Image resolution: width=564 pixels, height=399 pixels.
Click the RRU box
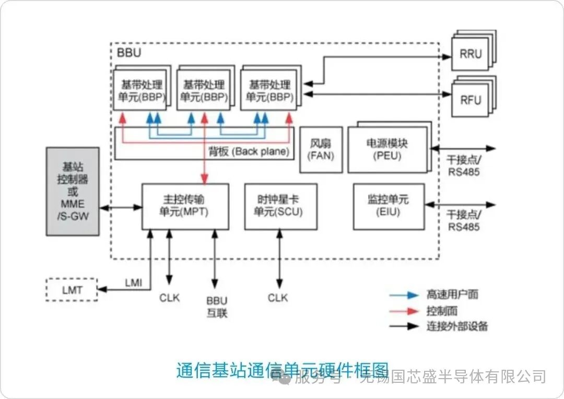pos(471,53)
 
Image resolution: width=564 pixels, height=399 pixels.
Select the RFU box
pos(471,99)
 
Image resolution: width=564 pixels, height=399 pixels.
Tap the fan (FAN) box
pos(321,149)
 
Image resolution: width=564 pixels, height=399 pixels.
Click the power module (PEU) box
pos(387,149)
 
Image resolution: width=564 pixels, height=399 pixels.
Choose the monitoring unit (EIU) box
pos(387,206)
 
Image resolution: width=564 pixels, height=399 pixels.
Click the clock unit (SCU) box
pos(280,206)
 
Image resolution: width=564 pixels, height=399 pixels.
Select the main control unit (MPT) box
pos(185,206)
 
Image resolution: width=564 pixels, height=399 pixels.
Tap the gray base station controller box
pos(73,191)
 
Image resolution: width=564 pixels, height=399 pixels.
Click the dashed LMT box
pos(72,289)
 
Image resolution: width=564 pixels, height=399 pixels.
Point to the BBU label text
pos(129,53)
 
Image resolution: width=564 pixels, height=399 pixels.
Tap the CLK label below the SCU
pos(278,298)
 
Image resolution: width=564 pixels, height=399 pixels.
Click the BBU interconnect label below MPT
pos(217,307)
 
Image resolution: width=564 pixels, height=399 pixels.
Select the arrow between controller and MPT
pos(121,207)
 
